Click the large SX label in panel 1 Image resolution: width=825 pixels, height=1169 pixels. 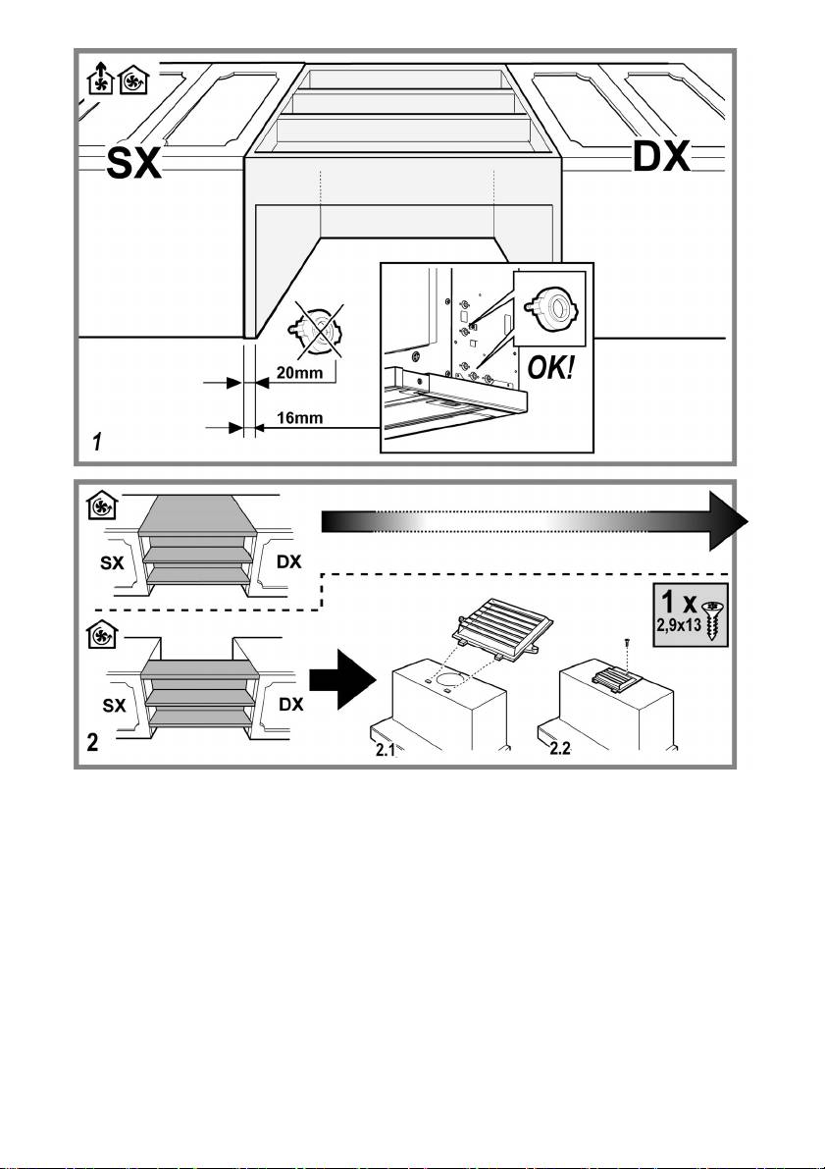pos(133,164)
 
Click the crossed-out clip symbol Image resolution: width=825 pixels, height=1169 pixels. pos(317,329)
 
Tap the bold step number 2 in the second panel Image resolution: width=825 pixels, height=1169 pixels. pos(93,742)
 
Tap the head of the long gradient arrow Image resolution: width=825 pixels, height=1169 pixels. pos(727,521)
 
